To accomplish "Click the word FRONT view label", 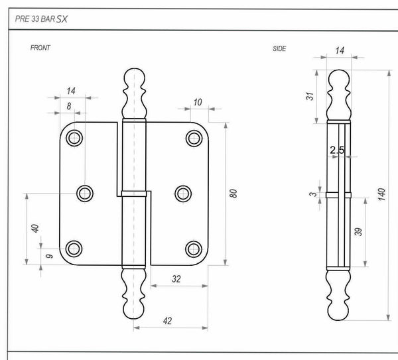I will (x=40, y=48).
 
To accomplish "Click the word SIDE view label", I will (x=279, y=48).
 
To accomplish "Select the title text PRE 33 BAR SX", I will (x=41, y=19).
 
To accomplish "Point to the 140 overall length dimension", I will (x=381, y=195).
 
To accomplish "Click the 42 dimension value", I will (x=167, y=320).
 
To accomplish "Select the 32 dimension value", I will (x=176, y=279).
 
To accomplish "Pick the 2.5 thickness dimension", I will (x=337, y=150).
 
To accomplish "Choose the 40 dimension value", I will (x=35, y=227).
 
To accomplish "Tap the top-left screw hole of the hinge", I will (x=74, y=138).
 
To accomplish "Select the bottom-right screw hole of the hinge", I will (x=194, y=249).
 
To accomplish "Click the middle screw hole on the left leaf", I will (x=85, y=193).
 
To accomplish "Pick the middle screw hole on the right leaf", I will (x=182, y=193).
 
